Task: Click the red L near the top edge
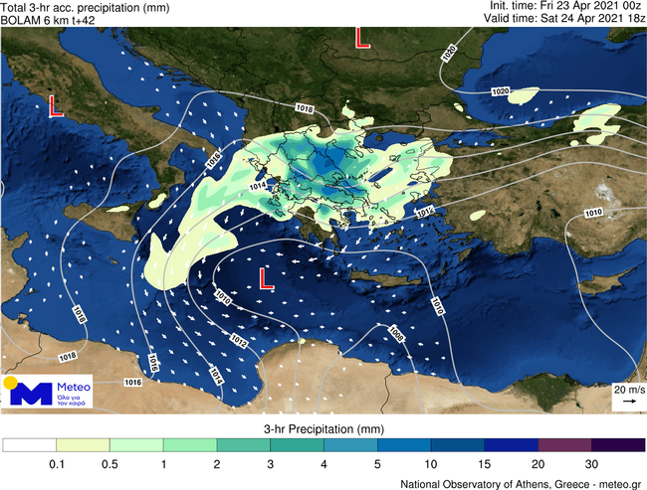[362, 38]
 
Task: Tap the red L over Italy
[57, 106]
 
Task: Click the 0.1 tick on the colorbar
[56, 463]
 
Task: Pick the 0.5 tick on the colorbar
[109, 463]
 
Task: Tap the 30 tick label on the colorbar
[591, 463]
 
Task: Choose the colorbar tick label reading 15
[485, 463]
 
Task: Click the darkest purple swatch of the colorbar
[617, 445]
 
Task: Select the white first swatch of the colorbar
[29, 445]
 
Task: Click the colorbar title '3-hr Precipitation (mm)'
[323, 428]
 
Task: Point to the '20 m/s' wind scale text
[627, 389]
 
